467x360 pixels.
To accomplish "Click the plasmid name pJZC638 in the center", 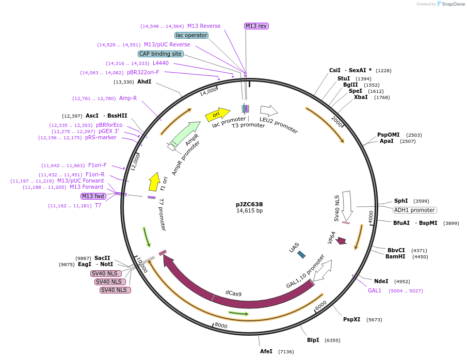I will tap(249, 204).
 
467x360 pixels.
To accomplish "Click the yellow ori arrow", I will tap(217, 115).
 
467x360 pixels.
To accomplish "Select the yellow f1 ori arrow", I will tap(154, 182).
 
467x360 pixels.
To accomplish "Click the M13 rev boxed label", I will tap(256, 26).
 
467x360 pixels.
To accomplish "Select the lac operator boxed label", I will tap(191, 35).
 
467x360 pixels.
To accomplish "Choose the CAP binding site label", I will tap(160, 54).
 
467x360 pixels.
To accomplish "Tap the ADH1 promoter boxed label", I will tap(414, 210).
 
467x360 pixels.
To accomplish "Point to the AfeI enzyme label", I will tap(266, 351).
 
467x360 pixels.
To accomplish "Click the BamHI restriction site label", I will tap(395, 256).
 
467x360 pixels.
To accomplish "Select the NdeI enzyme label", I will tap(381, 281).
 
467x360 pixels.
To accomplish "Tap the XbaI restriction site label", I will tap(361, 97).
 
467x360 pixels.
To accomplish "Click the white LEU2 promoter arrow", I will tap(268, 110).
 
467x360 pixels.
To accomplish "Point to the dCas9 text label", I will tap(233, 293).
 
